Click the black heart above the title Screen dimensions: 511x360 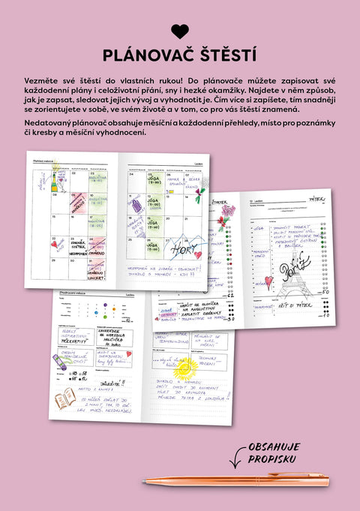180,31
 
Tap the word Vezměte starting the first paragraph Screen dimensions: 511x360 43,80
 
